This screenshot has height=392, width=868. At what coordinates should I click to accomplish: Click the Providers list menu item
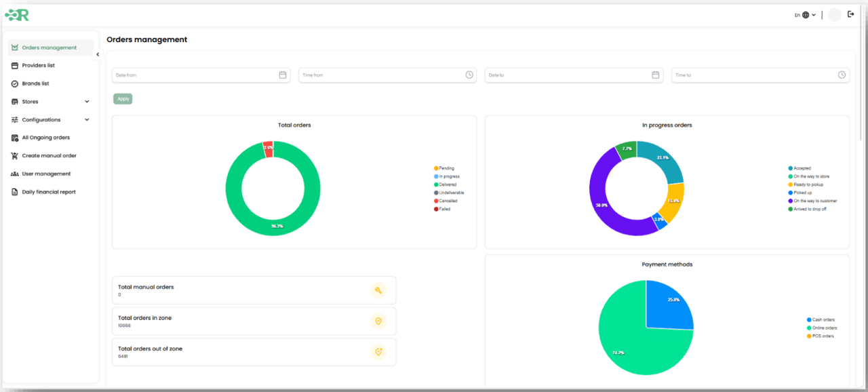[x=38, y=66]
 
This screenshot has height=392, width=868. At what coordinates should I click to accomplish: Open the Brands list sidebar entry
[x=35, y=83]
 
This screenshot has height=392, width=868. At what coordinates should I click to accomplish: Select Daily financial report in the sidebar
[x=49, y=192]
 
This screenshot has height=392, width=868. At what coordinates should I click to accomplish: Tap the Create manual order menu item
[x=49, y=156]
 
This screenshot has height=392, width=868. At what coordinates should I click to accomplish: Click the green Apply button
[x=123, y=99]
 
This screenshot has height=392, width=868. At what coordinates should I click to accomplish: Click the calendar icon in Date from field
[x=283, y=75]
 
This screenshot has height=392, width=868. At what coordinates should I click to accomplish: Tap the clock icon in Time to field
[x=842, y=75]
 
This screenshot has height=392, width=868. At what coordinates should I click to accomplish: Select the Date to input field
[x=566, y=75]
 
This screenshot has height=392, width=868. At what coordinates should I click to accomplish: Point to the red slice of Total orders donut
[x=268, y=149]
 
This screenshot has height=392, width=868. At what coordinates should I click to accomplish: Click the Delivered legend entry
[x=447, y=184]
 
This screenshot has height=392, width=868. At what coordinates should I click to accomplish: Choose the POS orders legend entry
[x=823, y=336]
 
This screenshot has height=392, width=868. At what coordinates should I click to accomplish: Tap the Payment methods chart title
[x=667, y=264]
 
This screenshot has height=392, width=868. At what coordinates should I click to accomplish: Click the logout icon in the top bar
[x=851, y=14]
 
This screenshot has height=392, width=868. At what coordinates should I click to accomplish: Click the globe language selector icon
[x=806, y=15]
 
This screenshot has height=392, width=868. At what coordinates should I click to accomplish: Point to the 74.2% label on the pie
[x=618, y=353]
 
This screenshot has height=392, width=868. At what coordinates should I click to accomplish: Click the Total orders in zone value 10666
[x=124, y=326]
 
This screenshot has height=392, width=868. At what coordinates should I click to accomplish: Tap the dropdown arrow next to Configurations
[x=87, y=120]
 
